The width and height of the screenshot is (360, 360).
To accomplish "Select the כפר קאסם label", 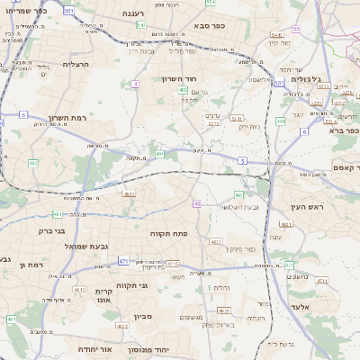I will [325, 168].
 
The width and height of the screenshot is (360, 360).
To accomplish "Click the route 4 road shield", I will [135, 83].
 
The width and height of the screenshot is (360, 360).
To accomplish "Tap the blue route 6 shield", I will [304, 131].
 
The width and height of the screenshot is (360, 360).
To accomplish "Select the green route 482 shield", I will [33, 163].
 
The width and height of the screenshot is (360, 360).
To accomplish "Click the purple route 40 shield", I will [196, 204].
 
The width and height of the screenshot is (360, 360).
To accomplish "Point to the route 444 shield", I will [281, 119].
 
